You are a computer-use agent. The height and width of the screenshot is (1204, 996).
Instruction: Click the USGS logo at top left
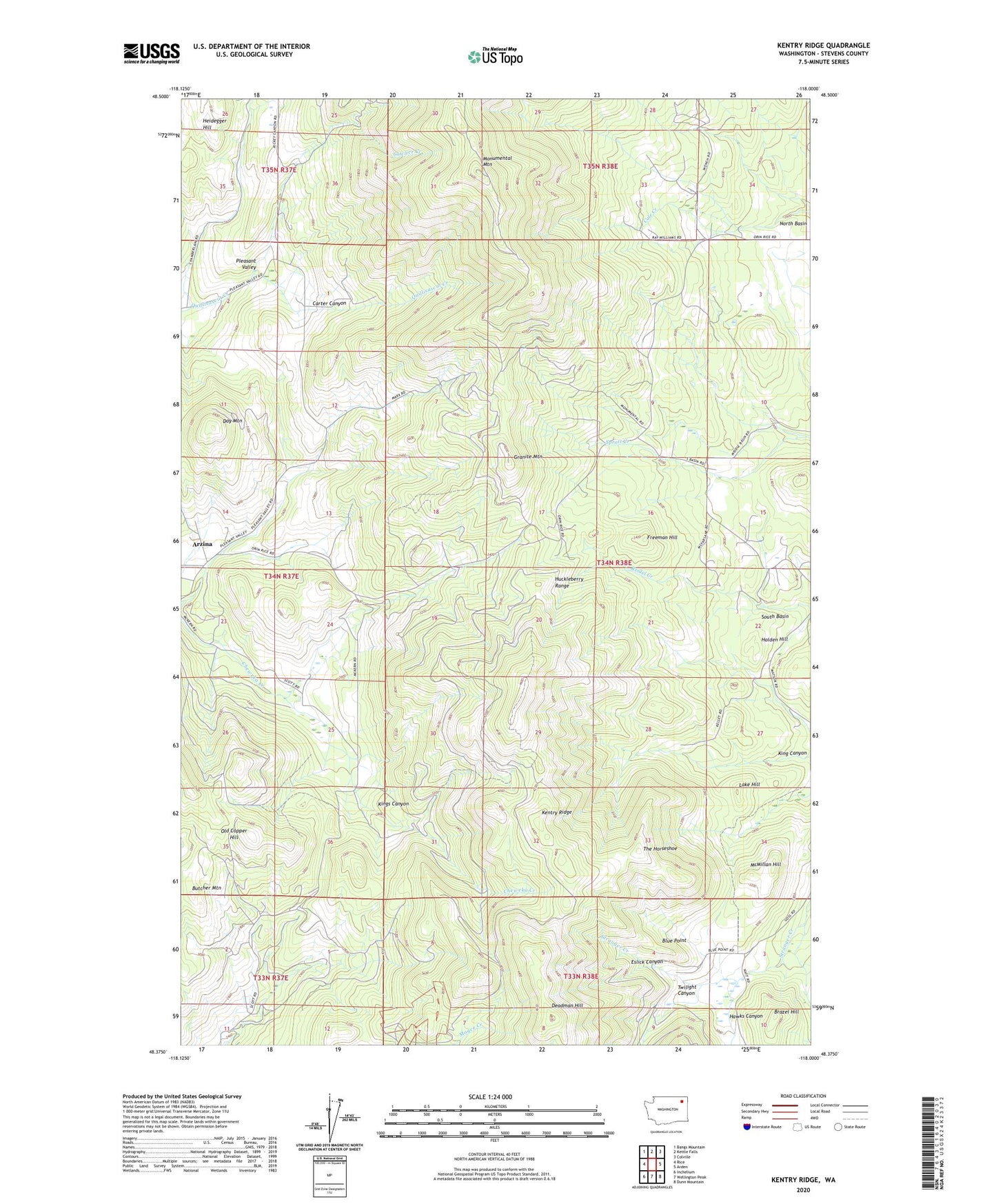(x=151, y=53)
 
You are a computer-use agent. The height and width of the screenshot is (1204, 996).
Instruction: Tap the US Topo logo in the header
(x=495, y=56)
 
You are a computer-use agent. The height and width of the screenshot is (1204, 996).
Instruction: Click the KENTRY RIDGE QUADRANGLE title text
(x=823, y=46)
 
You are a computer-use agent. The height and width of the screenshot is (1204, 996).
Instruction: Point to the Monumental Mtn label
(x=496, y=161)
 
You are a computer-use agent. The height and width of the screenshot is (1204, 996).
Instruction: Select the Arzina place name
(x=197, y=543)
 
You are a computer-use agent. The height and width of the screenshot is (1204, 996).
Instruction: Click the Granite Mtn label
(x=528, y=456)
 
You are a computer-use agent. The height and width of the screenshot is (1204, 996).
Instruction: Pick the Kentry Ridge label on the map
(x=557, y=812)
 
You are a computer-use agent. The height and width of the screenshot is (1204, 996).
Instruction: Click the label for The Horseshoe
(x=660, y=848)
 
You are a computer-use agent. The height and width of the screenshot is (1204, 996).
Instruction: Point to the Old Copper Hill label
(x=234, y=834)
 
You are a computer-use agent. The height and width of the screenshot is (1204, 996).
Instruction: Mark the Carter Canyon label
(x=329, y=303)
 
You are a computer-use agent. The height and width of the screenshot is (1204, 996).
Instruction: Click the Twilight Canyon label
(x=686, y=990)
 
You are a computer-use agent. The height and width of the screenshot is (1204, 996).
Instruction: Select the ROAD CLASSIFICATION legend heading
(x=803, y=1096)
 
